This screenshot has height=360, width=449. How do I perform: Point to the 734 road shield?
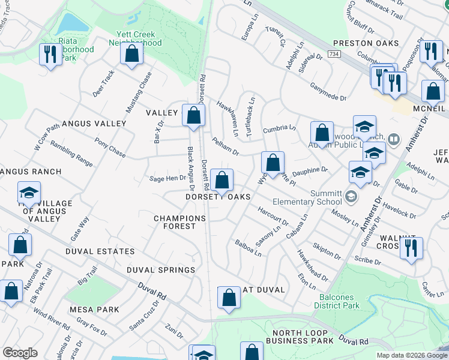[334, 55]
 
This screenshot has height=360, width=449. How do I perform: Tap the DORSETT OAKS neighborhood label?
[217, 197]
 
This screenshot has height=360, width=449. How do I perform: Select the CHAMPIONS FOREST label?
[175, 222]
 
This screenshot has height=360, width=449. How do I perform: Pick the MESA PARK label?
[94, 310]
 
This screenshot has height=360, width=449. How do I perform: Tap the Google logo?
[20, 353]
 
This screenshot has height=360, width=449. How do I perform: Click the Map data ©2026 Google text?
[411, 355]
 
